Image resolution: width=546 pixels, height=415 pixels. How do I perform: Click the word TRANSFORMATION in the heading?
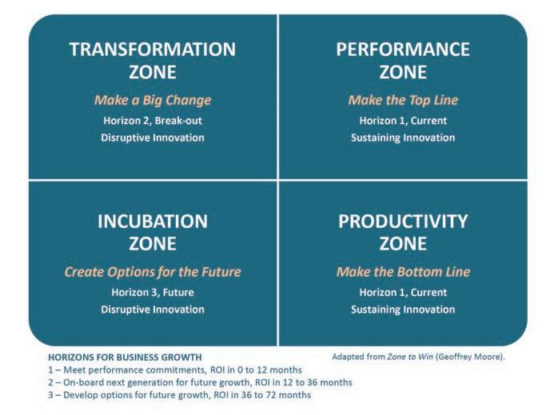click(x=153, y=49)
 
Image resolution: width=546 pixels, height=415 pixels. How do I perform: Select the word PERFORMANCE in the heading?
click(x=403, y=49)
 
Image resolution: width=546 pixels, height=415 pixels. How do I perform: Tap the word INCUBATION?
click(x=153, y=221)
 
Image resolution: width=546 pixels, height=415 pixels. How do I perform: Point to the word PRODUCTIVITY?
click(x=403, y=221)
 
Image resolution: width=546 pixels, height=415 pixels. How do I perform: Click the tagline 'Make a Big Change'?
click(x=153, y=101)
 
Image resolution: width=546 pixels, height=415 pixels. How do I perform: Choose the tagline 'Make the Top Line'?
click(x=403, y=101)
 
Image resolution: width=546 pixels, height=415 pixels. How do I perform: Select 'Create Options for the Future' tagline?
click(x=153, y=272)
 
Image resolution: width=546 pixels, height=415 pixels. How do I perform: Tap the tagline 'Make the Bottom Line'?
click(x=403, y=272)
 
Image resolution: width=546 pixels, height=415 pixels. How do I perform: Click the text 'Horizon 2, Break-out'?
click(x=153, y=121)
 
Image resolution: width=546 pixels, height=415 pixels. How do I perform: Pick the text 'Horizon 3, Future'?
click(x=153, y=293)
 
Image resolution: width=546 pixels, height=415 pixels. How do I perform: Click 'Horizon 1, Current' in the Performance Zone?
click(x=403, y=121)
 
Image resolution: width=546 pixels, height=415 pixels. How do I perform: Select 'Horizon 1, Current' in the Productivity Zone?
click(x=403, y=293)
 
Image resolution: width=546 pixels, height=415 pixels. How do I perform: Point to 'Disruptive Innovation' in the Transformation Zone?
click(x=153, y=138)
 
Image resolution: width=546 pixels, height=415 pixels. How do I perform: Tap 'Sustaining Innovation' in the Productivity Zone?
click(x=403, y=309)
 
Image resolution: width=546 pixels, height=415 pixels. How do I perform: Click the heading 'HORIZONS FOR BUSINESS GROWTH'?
click(x=125, y=357)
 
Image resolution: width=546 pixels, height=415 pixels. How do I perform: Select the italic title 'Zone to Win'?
click(x=410, y=357)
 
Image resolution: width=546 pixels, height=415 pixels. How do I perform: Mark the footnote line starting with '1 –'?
click(x=175, y=369)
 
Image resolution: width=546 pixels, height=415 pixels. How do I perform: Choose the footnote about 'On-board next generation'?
click(x=200, y=382)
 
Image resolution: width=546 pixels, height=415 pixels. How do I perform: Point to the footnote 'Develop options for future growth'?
click(x=180, y=395)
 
